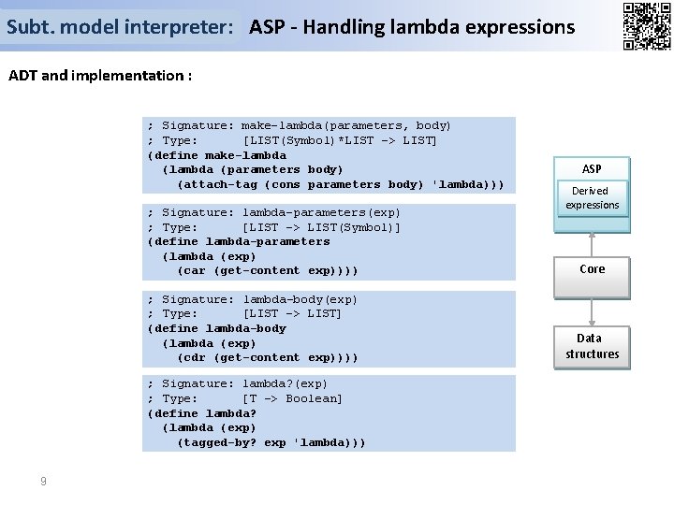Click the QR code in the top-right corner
pos(646,26)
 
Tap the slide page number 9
pos(43,481)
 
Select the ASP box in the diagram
pos(592,169)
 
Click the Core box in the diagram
pos(592,269)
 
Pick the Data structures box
pos(592,346)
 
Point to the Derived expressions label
pos(592,197)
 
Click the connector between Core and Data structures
pos(592,306)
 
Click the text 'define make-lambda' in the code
pos(219,155)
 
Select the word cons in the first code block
pos(284,184)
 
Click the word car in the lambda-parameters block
pos(193,271)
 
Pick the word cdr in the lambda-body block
pos(193,357)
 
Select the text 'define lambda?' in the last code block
pos(204,413)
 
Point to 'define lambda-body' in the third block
pos(219,328)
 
